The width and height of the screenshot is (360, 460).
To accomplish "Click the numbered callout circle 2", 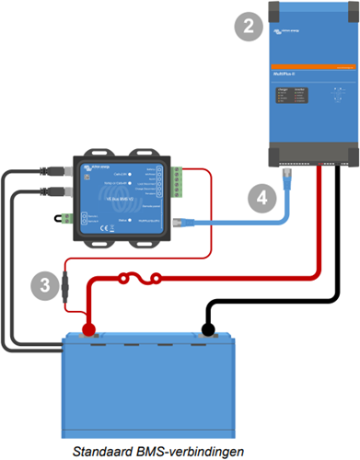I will tap(246, 27).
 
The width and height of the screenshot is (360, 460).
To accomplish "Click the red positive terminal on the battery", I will tap(89, 328).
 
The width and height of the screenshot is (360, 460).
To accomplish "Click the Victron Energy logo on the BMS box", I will tap(94, 166).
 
